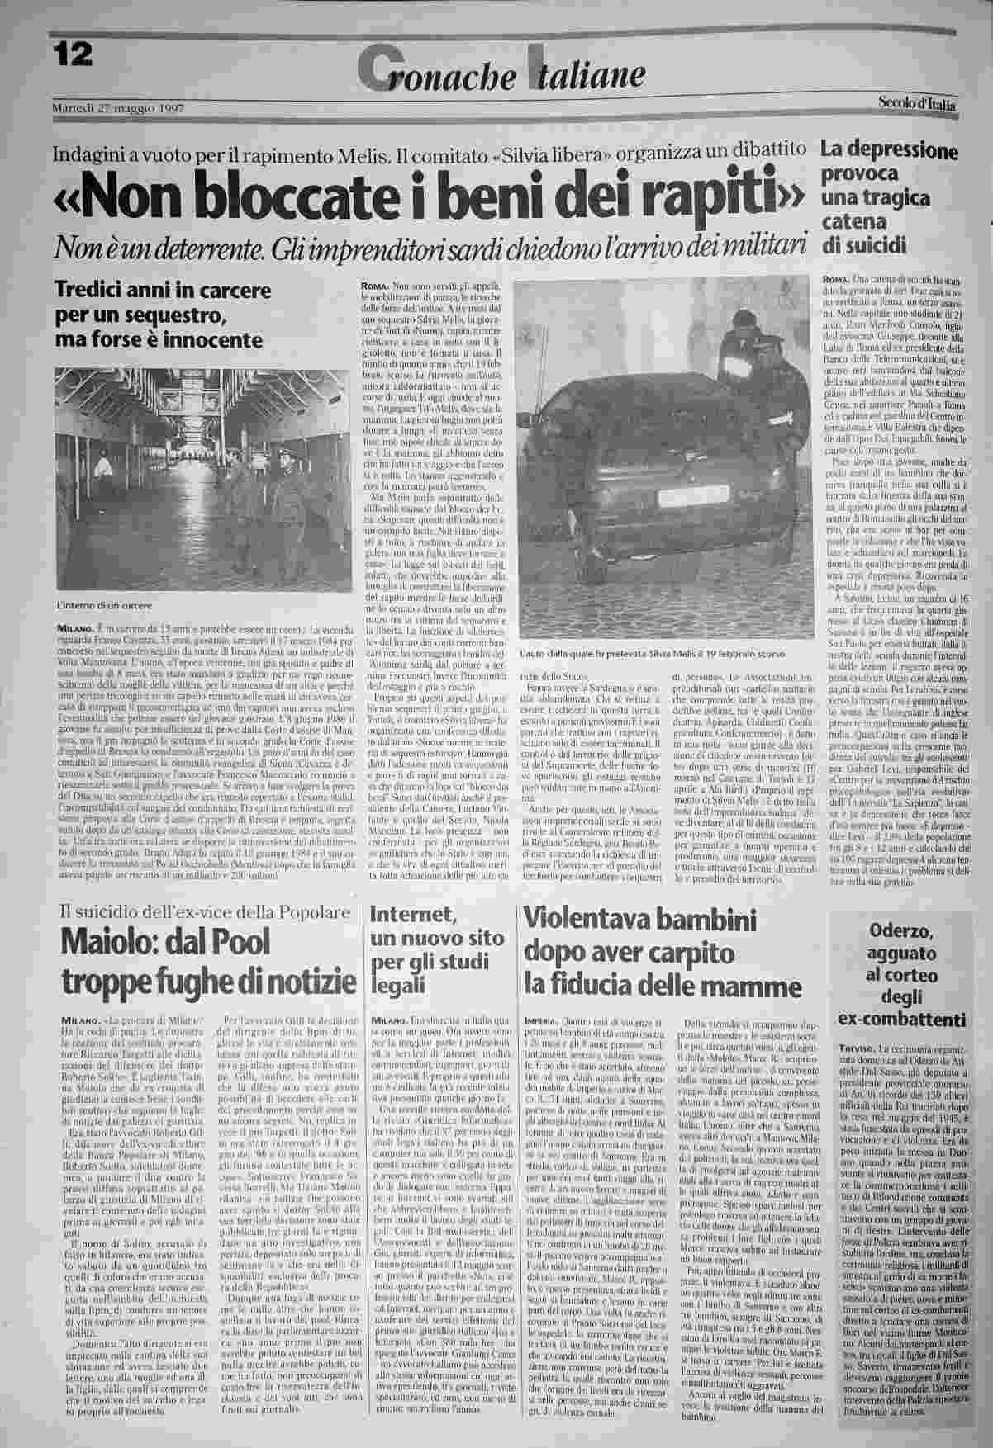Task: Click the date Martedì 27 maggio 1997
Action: click(116, 109)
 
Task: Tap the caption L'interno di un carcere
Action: click(105, 607)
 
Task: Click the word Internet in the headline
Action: click(410, 914)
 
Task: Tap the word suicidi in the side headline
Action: click(872, 245)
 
